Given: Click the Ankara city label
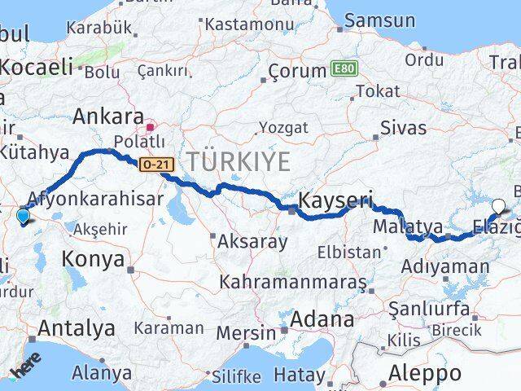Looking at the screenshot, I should (x=108, y=116).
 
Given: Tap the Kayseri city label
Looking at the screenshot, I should (x=335, y=200).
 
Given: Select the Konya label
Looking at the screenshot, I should (x=93, y=261).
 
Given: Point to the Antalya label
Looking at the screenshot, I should (x=72, y=329).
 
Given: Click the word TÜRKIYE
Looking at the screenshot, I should (x=239, y=162).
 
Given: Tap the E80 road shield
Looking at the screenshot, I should (x=344, y=70).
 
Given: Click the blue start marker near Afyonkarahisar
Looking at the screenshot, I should (x=22, y=216).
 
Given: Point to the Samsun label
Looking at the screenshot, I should (x=375, y=20).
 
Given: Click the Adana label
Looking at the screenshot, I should (x=326, y=319).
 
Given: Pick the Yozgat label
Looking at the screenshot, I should (x=283, y=127).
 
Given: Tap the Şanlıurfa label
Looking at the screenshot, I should (x=428, y=308).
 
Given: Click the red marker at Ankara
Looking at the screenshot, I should (x=150, y=127).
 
